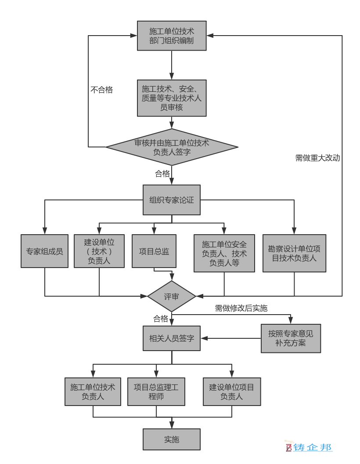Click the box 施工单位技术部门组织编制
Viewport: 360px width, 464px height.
coord(172,36)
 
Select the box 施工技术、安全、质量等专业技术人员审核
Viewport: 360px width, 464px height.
coord(172,98)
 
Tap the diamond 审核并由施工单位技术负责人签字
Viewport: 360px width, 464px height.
coord(172,147)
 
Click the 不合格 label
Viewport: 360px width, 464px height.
coord(102,90)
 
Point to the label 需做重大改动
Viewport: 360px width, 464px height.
coord(317,158)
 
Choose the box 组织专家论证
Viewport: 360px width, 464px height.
coord(172,200)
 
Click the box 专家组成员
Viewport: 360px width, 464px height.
coord(45,251)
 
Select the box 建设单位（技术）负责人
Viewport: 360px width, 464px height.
coord(99,251)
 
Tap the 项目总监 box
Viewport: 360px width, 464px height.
coord(154,251)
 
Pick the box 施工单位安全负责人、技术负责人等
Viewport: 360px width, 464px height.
coord(224,253)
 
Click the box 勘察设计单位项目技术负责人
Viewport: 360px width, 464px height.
coord(295,253)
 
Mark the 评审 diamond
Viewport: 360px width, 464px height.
coord(172,296)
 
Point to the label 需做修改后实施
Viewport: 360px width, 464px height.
coord(241,308)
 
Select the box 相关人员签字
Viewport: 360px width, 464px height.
coord(172,338)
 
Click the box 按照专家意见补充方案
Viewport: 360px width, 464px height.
coord(291,338)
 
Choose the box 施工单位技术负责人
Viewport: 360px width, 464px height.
coord(93,392)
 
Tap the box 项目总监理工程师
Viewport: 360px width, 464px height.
coord(156,392)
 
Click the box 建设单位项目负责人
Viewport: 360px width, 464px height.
coord(232,392)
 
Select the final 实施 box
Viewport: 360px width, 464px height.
coord(172,439)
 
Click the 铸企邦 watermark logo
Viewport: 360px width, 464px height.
coord(309,447)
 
